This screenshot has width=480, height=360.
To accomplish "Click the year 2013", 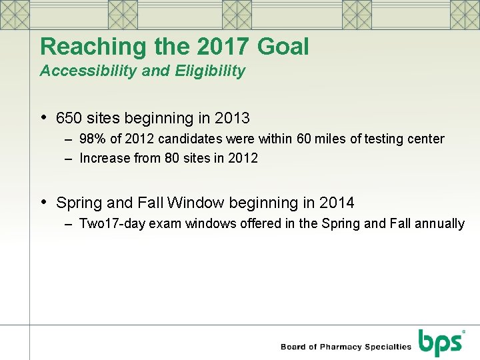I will coord(232,119).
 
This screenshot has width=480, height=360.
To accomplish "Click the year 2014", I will coord(337,203).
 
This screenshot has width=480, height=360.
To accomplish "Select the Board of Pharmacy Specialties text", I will coord(345,347).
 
